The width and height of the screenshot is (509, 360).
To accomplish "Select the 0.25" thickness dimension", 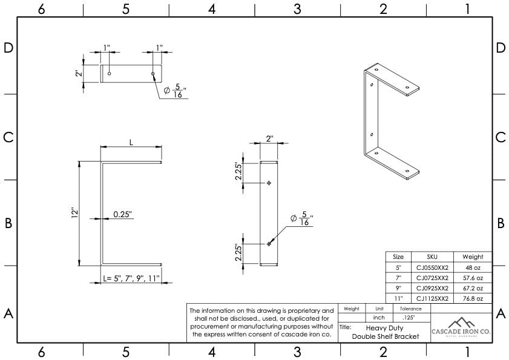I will tap(122, 214).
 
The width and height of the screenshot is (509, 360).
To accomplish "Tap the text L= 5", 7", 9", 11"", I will tap(131, 279).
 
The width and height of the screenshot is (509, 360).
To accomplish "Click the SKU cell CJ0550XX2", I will tap(432, 267).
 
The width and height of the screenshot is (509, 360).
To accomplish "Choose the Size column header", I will tap(398, 257).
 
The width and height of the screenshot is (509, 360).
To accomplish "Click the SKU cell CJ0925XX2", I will tap(432, 288).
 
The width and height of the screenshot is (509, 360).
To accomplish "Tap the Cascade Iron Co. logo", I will tap(461, 326).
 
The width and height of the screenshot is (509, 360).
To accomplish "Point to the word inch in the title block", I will tap(379, 317).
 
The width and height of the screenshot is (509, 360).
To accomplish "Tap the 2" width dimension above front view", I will tap(269, 139).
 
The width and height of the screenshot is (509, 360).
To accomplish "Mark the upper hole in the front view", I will tap(269, 183).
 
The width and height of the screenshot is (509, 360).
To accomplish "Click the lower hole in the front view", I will tap(269, 243).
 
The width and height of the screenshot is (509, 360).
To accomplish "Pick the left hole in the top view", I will tap(109, 74).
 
